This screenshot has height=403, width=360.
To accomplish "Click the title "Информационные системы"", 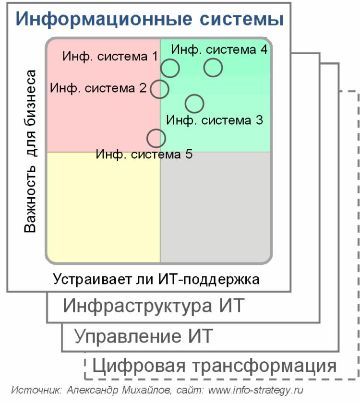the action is click(149, 19).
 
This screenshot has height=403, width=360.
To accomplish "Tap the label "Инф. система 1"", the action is click(110, 56).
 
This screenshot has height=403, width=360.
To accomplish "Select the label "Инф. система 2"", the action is click(98, 88).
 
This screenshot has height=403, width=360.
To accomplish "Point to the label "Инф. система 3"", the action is click(215, 120).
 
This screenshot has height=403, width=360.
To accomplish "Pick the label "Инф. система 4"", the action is click(219, 49).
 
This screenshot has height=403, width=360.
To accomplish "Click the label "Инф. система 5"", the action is click(144, 154).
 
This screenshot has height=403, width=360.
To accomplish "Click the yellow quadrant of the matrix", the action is click(103, 207).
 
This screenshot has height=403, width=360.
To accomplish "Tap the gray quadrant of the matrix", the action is click(216, 207).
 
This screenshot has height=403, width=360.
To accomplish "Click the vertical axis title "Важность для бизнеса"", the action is click(30, 152).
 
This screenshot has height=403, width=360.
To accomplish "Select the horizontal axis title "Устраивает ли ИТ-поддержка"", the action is click(156, 279).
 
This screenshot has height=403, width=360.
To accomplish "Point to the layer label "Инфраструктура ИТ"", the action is click(154, 306).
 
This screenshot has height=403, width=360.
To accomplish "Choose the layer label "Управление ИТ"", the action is click(144, 336).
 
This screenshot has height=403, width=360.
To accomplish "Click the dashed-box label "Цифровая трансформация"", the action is click(214, 366).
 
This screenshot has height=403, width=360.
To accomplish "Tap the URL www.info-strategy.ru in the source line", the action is click(255, 390).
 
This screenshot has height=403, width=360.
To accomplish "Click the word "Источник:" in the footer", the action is click(36, 390).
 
